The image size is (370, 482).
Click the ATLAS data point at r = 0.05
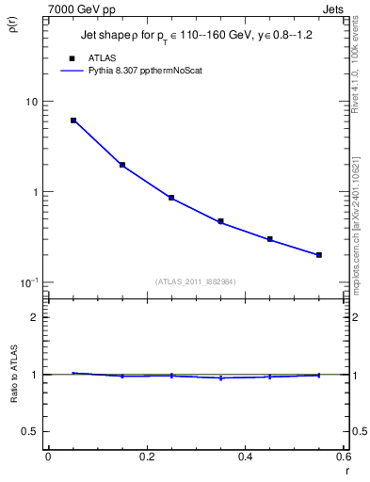(x=73, y=120)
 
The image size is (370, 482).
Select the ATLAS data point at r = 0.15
(x=122, y=165)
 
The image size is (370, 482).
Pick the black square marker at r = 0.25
(x=171, y=198)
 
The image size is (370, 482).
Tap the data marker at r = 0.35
(x=220, y=221)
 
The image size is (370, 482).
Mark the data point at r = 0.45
(x=270, y=239)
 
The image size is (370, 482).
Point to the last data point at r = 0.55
(x=319, y=254)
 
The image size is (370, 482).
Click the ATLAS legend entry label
(x=115, y=57)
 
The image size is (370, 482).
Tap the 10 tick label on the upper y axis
(x=30, y=102)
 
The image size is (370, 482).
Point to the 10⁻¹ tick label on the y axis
(x=28, y=281)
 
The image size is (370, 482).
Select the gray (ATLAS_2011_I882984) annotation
(x=196, y=281)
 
